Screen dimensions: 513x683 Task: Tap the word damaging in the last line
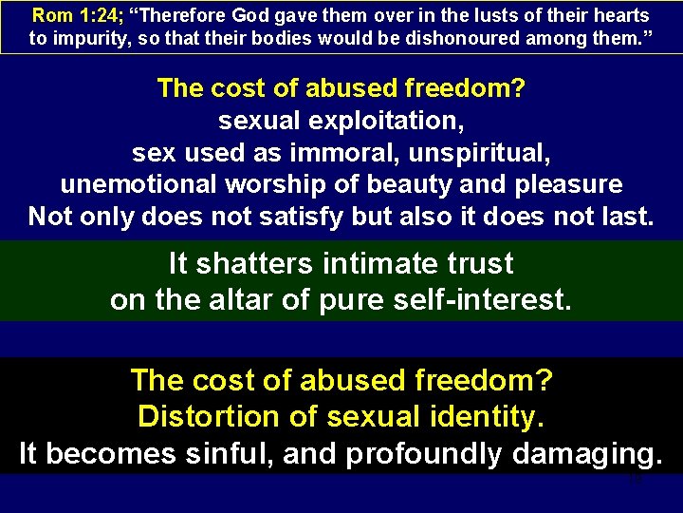click(585, 454)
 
